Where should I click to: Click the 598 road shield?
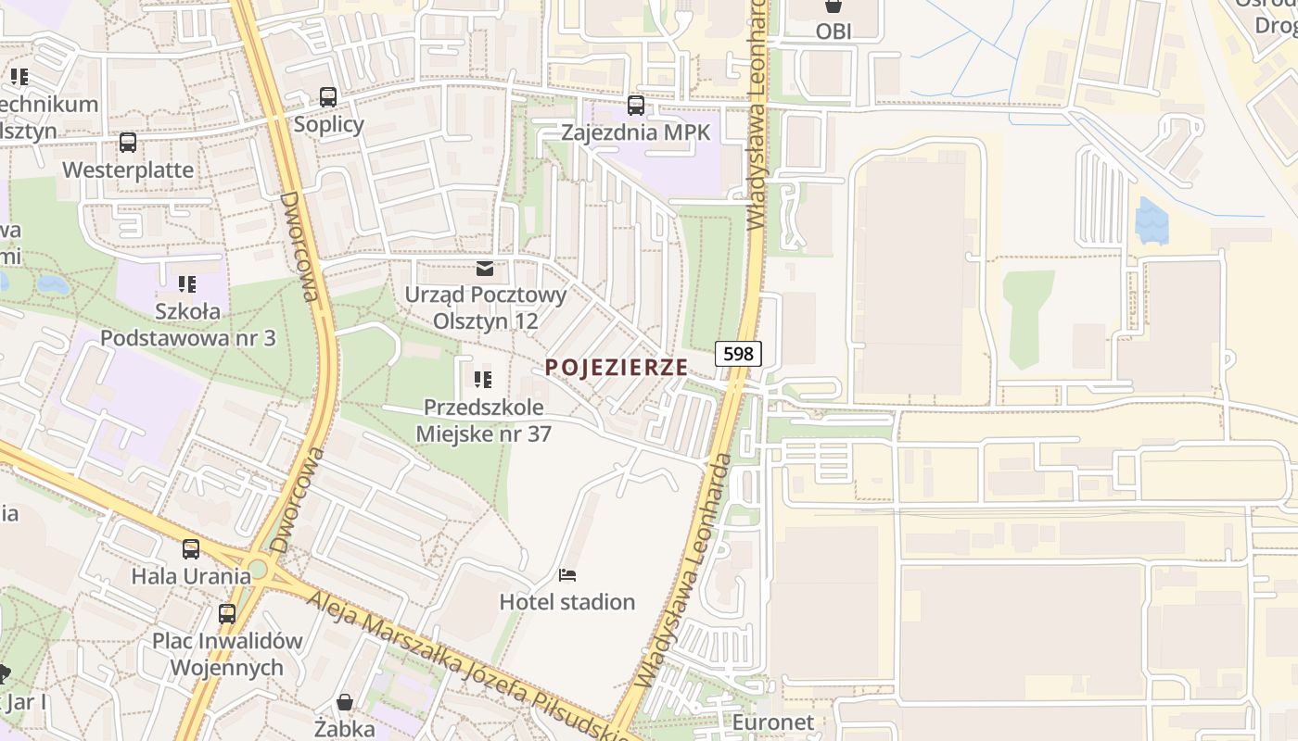(x=738, y=353)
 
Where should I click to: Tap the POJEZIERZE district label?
(x=617, y=368)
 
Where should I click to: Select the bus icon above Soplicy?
(x=328, y=97)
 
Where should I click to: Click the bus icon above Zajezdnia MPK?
(x=636, y=106)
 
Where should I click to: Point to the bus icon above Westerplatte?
(x=128, y=143)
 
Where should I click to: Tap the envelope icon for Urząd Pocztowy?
(x=484, y=269)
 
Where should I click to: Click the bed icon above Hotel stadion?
(x=567, y=575)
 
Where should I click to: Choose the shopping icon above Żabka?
(x=344, y=702)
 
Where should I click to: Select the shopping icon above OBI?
(x=834, y=6)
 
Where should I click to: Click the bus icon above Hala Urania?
(x=191, y=548)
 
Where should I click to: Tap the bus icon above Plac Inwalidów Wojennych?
(x=227, y=613)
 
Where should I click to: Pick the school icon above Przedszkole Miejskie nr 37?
(x=482, y=380)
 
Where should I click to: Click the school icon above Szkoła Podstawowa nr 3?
(x=187, y=283)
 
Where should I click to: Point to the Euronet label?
(x=772, y=722)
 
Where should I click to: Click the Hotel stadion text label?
(x=567, y=602)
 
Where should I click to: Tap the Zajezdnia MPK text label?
(x=636, y=132)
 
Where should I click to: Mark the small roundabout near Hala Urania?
(x=257, y=569)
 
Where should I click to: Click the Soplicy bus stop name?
(x=329, y=124)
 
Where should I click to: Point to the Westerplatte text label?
(x=128, y=170)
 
